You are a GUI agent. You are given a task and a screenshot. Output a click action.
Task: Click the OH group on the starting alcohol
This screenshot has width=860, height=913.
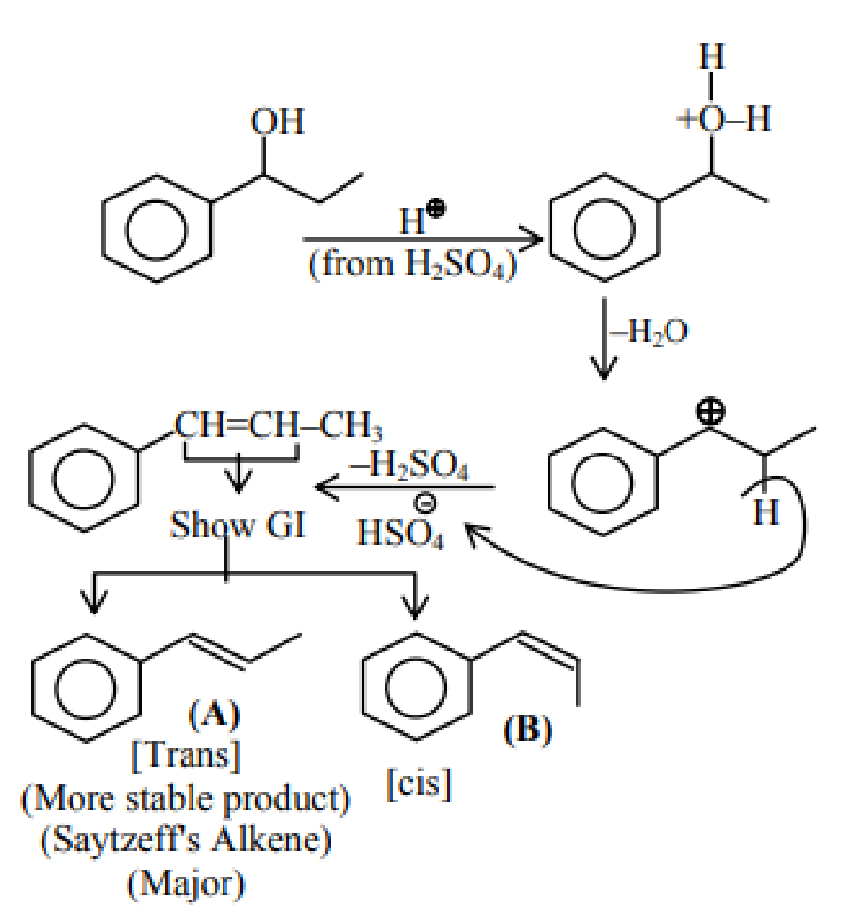point(278,121)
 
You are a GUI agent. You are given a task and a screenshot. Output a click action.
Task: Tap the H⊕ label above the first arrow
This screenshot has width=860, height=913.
point(421,218)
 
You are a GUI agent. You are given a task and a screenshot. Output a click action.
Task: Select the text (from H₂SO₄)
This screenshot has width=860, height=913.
point(413,264)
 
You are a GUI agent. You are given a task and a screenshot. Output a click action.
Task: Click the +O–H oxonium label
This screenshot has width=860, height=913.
point(723,119)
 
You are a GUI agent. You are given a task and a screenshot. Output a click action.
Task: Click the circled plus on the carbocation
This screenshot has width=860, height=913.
point(710,411)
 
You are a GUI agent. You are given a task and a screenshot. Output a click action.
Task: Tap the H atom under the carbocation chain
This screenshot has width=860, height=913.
point(766,512)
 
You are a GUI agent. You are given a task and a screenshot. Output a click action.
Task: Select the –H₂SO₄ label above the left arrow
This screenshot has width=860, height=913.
point(409,466)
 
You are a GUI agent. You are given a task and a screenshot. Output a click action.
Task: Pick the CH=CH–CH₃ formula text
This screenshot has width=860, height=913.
point(278,425)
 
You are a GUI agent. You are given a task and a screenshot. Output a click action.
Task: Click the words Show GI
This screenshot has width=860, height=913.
point(238,525)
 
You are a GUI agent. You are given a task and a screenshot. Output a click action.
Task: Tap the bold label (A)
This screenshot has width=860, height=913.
point(215,714)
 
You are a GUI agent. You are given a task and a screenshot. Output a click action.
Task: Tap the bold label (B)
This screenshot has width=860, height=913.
point(528,730)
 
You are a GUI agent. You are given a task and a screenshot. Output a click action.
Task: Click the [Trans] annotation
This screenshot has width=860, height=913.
point(186,756)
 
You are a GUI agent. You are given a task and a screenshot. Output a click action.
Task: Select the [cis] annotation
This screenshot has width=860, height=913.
point(419,784)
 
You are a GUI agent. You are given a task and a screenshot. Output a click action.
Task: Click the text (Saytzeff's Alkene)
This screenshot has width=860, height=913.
point(186,840)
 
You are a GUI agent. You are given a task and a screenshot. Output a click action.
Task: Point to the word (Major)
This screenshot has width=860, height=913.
point(186,884)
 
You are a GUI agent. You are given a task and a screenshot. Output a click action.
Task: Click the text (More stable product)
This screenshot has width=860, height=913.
point(186,799)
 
